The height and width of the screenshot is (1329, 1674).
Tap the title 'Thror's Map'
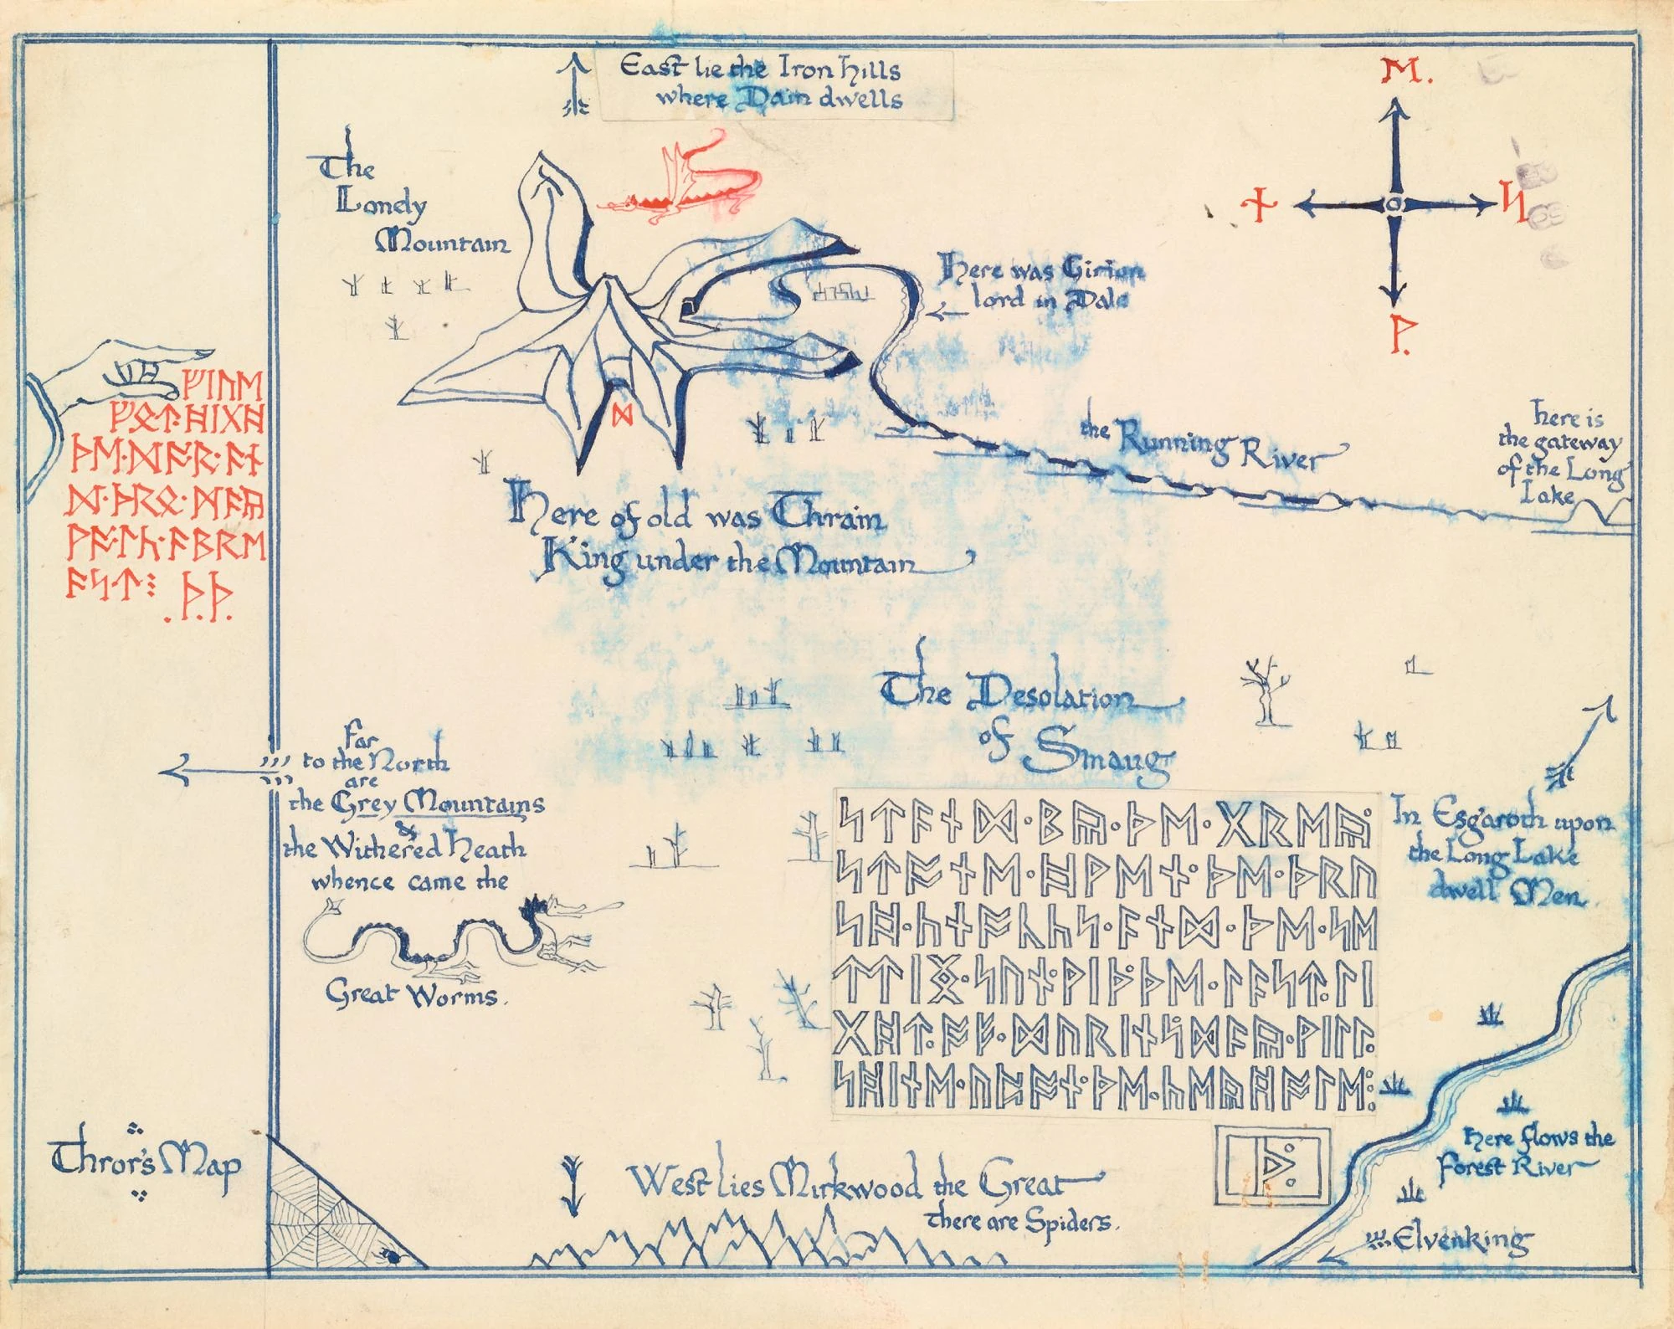146,1164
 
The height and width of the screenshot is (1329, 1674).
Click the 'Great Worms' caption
410,996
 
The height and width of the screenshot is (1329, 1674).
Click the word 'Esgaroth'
1473,819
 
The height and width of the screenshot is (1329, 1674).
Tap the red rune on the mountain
621,413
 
